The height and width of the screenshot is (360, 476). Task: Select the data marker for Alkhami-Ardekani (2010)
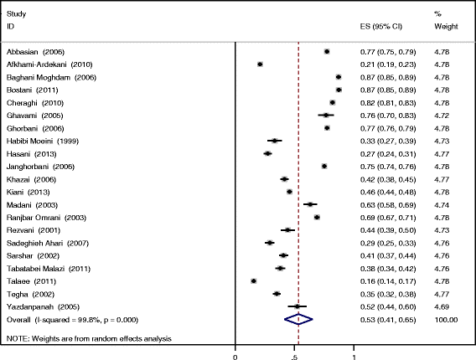click(x=260, y=64)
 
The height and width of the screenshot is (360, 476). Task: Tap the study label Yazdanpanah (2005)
click(x=40, y=306)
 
